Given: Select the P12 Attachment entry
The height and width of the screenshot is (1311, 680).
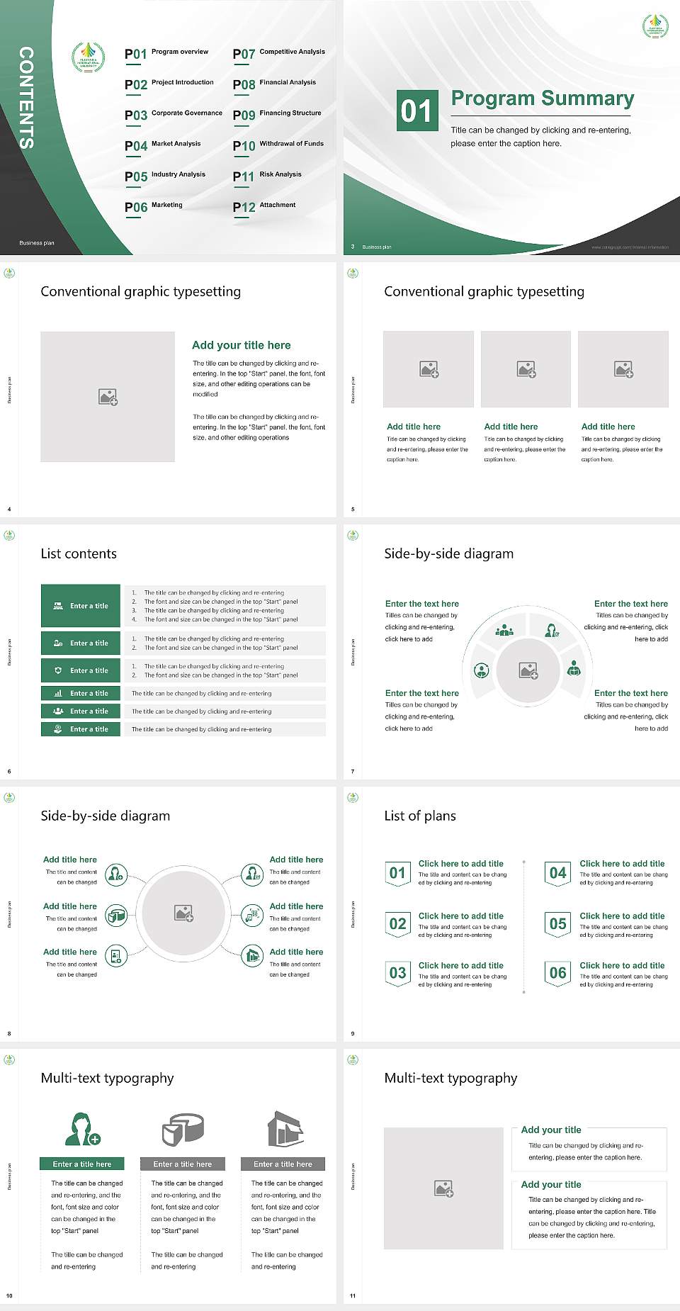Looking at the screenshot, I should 264,206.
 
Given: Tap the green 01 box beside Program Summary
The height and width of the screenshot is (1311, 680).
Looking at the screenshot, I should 416,111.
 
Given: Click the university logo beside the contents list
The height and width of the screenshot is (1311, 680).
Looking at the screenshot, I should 88,57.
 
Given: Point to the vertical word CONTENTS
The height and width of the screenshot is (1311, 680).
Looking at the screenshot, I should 25,98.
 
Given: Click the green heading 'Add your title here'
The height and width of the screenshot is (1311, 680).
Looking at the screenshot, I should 241,345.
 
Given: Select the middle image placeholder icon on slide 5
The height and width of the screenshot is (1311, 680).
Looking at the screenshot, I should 526,369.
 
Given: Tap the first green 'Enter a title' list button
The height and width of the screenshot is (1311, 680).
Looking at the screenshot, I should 81,606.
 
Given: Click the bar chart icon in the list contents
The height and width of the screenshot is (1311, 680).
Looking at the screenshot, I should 58,693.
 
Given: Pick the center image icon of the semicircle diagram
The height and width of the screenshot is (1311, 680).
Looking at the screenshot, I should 528,670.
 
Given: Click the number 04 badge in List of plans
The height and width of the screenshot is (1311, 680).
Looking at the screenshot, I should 557,873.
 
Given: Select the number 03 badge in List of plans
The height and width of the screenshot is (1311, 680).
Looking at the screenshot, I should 397,973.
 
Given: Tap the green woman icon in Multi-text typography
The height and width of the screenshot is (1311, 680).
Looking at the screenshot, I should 81,1130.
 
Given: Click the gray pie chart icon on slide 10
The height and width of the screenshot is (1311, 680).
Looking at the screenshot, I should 183,1130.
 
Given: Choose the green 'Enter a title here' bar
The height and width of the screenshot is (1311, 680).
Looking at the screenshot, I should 81,1164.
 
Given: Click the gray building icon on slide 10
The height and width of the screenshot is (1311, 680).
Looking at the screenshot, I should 285,1129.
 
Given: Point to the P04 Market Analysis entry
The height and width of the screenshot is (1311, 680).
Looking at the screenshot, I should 163,145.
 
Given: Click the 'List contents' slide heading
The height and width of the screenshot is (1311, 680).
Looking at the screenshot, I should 79,553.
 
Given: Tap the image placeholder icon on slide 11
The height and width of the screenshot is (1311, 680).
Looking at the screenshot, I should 443,1188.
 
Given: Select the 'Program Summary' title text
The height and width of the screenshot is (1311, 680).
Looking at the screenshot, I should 542,99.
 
